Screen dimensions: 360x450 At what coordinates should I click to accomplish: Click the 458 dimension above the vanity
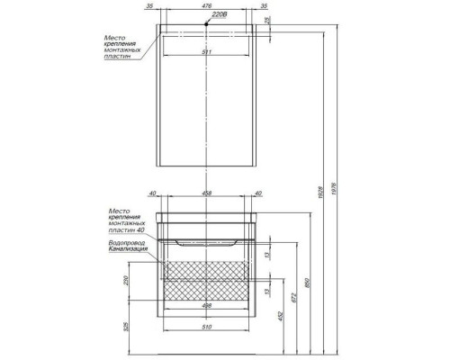click(208, 193)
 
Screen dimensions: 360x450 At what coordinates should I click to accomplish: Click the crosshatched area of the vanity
click(208, 271)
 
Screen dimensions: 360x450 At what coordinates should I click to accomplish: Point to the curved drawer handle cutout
click(207, 240)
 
